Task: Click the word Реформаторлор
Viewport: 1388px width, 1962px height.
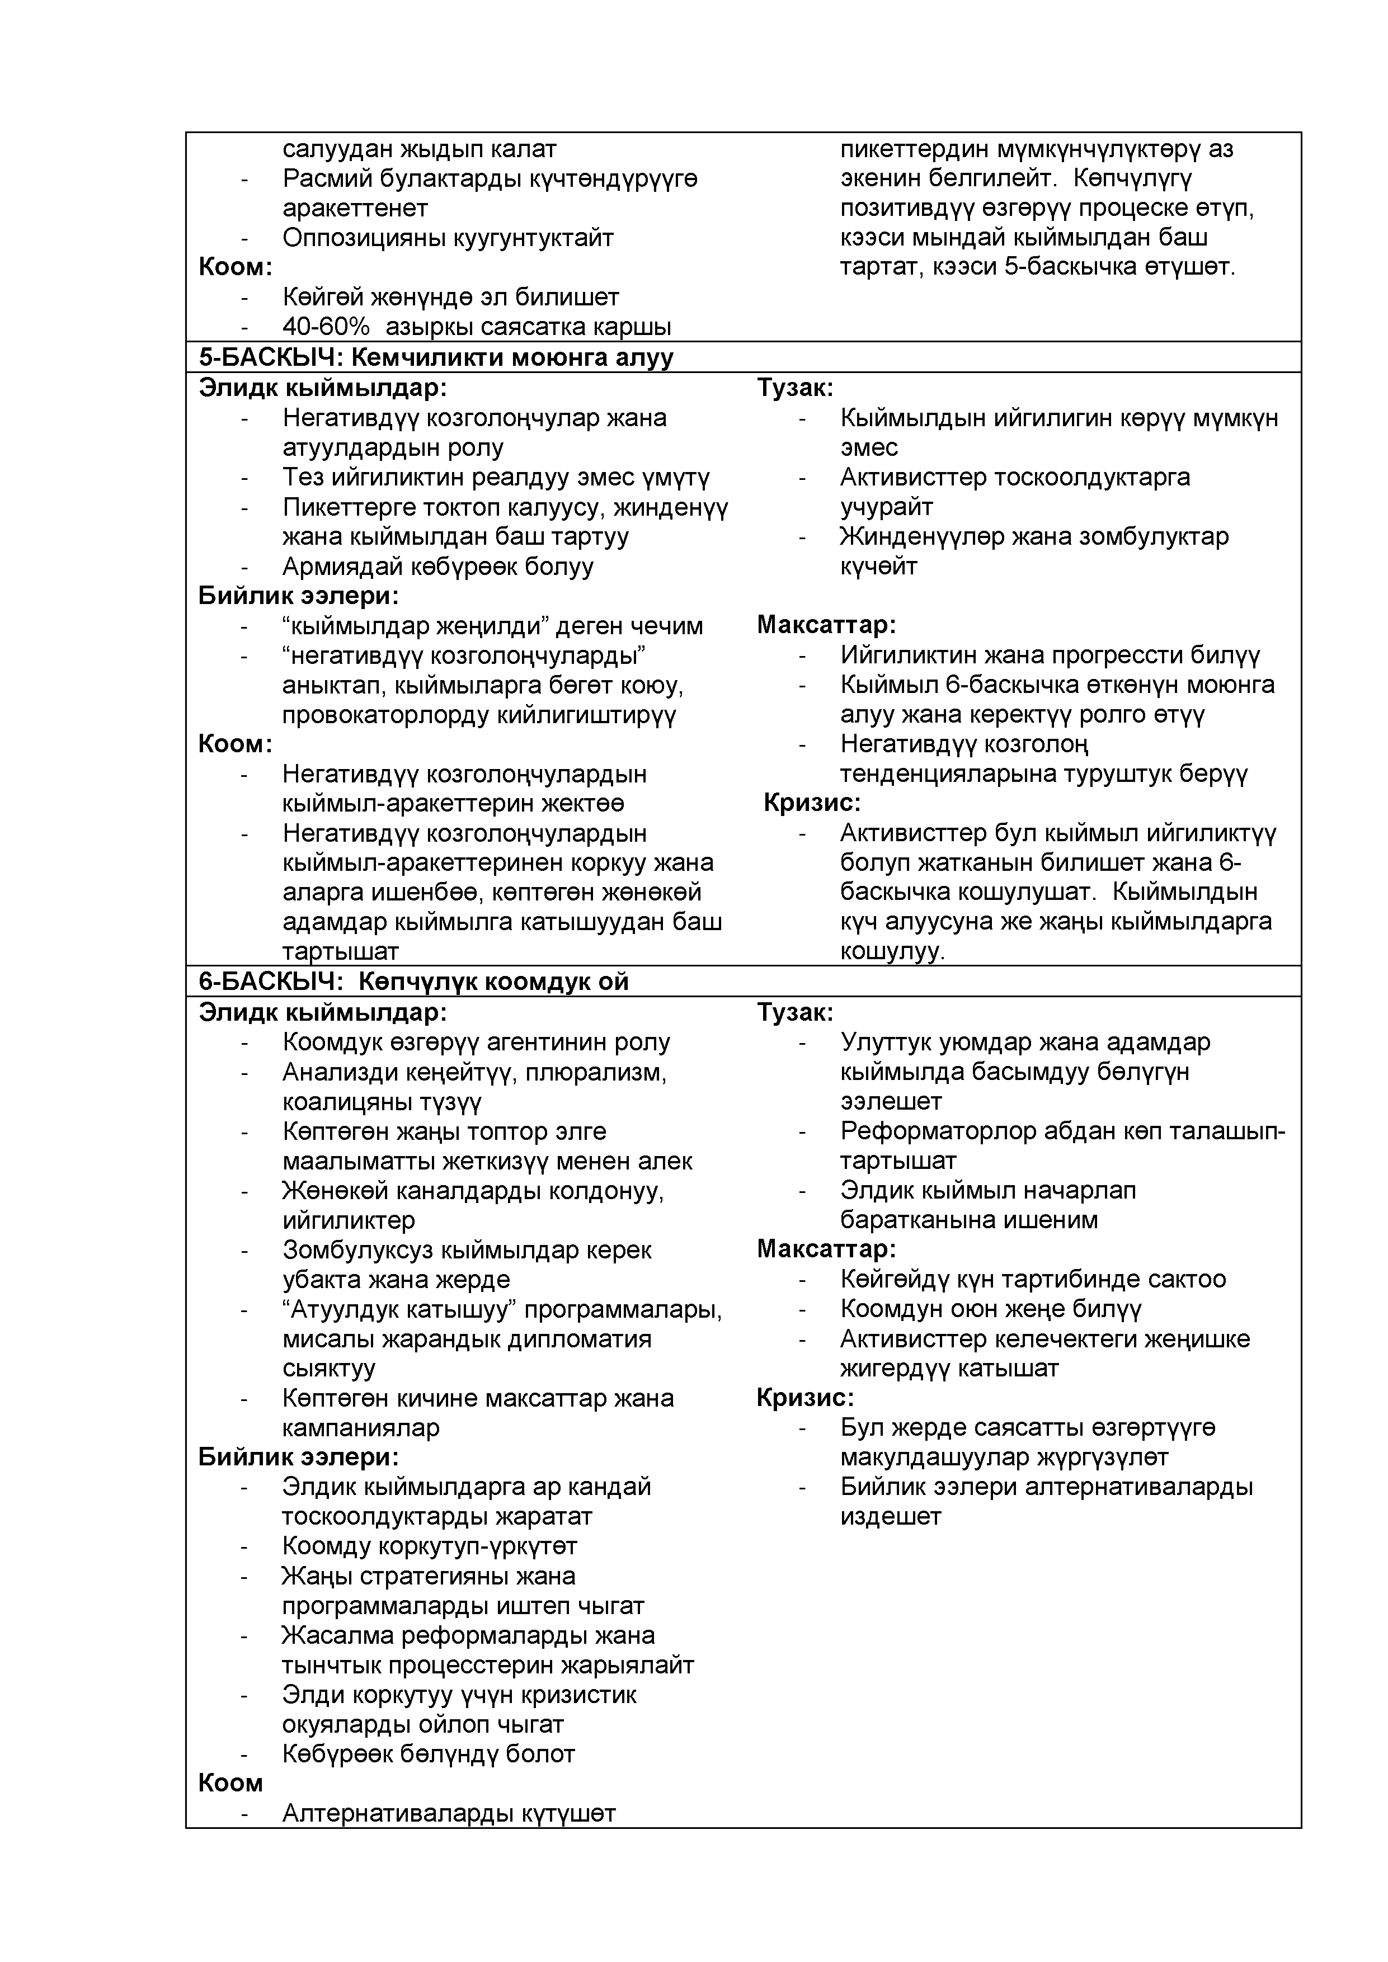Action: tap(936, 1131)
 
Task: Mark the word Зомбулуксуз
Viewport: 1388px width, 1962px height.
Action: tap(357, 1250)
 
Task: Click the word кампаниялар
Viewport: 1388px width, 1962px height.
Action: tap(361, 1428)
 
